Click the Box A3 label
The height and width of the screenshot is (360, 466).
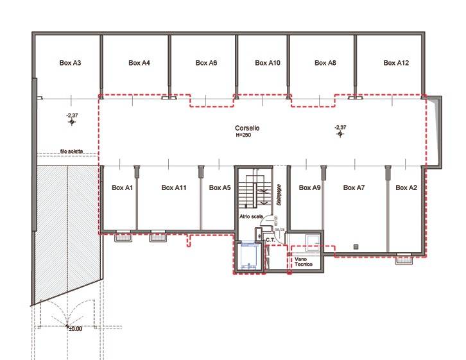tap(70, 63)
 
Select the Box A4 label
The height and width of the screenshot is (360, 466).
tap(139, 63)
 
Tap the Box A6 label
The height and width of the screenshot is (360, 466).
tap(206, 63)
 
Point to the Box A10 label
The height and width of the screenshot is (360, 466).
tap(268, 63)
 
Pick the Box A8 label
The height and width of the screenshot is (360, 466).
tap(325, 63)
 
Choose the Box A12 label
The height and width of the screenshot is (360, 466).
tap(396, 63)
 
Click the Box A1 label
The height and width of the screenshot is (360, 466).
tap(122, 188)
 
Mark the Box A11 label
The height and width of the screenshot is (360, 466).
tap(174, 188)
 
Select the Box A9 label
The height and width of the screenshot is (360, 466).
tap(310, 188)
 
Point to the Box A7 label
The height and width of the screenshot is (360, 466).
tap(354, 188)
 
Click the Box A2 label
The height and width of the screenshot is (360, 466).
tap(406, 188)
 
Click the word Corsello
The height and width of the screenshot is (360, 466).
tap(247, 128)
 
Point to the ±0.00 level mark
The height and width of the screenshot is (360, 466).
tap(75, 329)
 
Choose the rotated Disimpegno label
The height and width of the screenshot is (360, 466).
tap(279, 194)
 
